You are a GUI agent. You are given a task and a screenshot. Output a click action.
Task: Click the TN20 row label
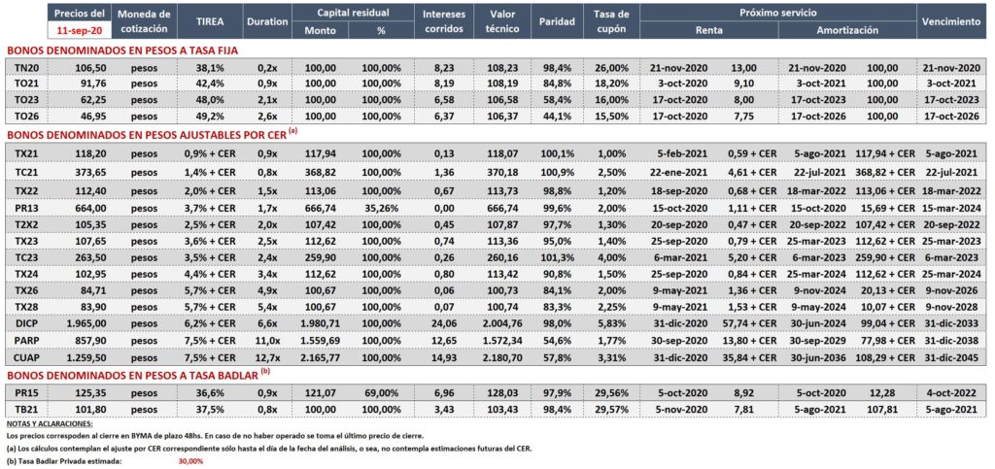coord(26,68)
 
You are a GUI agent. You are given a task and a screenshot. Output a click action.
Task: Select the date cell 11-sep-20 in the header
coord(80,29)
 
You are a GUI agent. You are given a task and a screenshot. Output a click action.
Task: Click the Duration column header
coord(267,21)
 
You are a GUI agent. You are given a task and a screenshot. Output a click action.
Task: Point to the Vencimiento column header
coord(952,21)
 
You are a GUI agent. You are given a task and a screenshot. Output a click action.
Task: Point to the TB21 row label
coord(26,409)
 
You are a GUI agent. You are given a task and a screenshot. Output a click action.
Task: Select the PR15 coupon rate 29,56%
coord(612,392)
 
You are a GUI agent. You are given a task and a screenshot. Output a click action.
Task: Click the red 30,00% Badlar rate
coord(191,462)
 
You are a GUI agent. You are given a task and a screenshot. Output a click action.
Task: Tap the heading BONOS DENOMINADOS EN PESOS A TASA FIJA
coord(122,50)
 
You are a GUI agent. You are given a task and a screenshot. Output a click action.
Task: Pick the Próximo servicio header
coord(777,13)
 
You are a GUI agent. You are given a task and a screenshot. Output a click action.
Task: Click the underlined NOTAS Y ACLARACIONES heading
coord(49,423)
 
